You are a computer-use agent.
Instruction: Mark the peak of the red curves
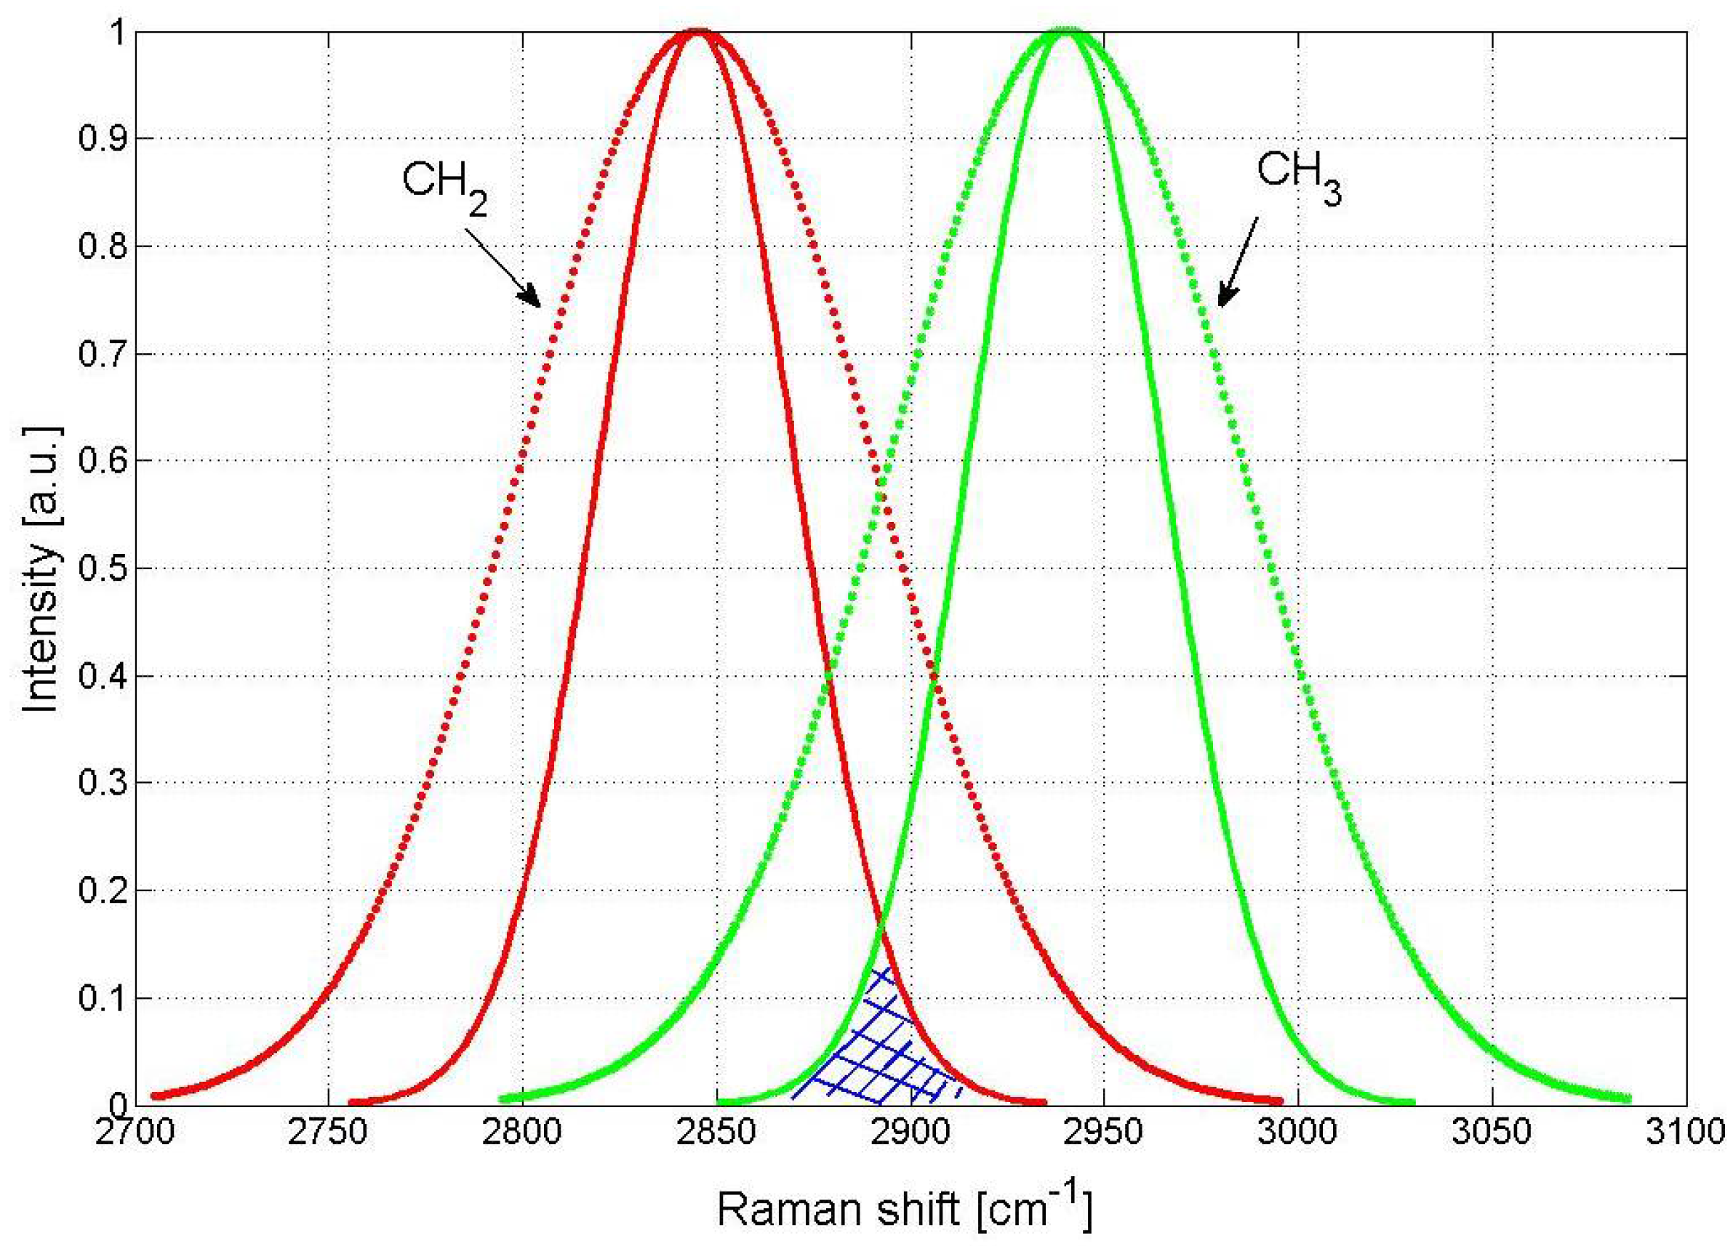point(697,32)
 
